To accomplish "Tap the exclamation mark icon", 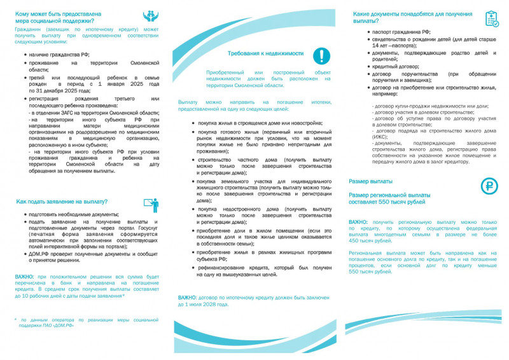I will click(321, 55).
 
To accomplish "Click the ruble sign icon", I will click(489, 186).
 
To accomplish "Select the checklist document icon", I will click(492, 18).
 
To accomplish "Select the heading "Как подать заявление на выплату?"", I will click(61, 202).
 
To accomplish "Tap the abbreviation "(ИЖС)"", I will click(381, 137).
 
